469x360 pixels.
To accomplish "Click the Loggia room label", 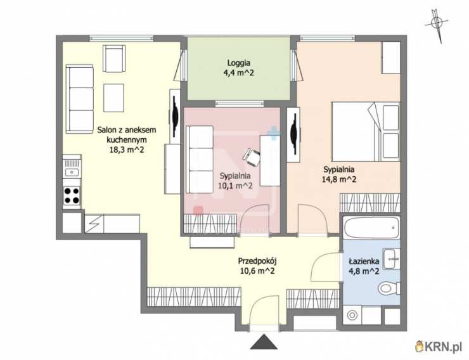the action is [239, 63].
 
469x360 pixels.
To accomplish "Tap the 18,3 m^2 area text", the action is [127, 150].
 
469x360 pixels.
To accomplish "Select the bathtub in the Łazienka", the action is [371, 228].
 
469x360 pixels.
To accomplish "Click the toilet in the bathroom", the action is [389, 289].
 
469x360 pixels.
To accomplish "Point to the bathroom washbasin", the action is [392, 259].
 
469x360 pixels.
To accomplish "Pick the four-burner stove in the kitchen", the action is [72, 195].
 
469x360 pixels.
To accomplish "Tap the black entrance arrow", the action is [264, 342].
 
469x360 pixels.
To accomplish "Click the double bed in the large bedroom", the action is [366, 132].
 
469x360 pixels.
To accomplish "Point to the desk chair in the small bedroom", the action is [252, 157].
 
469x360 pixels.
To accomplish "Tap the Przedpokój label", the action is [257, 261].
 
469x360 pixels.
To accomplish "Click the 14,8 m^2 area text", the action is [339, 179].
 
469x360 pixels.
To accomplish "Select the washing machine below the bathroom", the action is [352, 315].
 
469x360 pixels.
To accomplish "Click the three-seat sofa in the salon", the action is [80, 99].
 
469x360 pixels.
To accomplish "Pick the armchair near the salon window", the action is [114, 58].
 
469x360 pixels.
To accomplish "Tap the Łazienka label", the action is [364, 261].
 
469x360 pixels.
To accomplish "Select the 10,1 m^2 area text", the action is [235, 186].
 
